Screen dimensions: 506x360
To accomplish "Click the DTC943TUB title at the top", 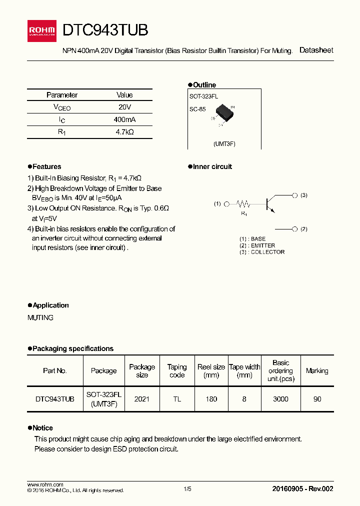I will click(x=105, y=30).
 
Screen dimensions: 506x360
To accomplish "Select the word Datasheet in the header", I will click(x=316, y=50).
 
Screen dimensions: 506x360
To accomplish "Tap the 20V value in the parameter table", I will click(x=124, y=107).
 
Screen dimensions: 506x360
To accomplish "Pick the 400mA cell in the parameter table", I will click(x=124, y=120).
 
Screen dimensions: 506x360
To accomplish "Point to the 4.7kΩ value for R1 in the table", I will click(x=124, y=132).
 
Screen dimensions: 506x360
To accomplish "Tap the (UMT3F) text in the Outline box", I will click(x=224, y=144).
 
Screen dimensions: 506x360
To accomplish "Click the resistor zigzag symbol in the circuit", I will click(x=243, y=204).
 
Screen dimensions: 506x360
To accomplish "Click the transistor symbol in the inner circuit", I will click(x=269, y=202).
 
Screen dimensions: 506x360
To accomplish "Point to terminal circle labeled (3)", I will click(x=295, y=195).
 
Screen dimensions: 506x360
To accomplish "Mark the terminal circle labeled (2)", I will click(x=295, y=229).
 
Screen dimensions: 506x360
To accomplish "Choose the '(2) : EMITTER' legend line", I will click(x=257, y=245).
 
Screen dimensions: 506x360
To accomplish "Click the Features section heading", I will click(x=46, y=167).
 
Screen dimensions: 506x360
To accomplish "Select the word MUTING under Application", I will click(x=40, y=318).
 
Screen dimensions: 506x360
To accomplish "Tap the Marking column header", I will click(x=317, y=371).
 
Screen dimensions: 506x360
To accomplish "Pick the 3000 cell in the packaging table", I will click(x=280, y=399).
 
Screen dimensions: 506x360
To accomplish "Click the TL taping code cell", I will click(x=177, y=399).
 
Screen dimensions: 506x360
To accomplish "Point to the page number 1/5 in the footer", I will click(x=187, y=489).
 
